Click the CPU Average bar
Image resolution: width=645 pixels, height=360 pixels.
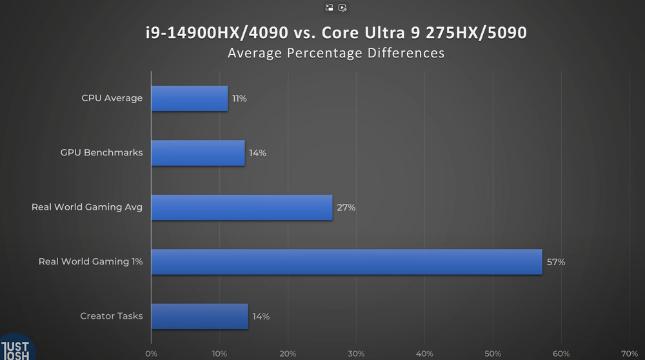click(x=190, y=99)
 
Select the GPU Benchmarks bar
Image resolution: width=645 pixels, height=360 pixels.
click(x=198, y=153)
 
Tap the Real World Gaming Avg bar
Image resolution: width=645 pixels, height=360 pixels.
click(x=242, y=208)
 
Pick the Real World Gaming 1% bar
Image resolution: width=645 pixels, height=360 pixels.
click(x=346, y=262)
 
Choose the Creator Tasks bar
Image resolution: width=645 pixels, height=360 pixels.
click(x=199, y=316)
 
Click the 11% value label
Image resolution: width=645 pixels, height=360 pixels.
click(x=239, y=99)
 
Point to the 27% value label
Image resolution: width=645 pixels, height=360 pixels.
click(x=346, y=208)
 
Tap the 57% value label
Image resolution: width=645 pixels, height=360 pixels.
click(x=556, y=262)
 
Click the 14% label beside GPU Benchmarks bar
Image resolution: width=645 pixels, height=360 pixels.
click(x=257, y=153)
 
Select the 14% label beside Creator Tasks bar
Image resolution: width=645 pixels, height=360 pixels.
click(x=261, y=316)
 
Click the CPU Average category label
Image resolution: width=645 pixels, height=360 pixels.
click(x=112, y=99)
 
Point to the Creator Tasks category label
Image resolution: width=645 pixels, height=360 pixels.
click(x=111, y=316)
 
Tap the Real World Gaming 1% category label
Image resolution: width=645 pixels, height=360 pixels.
click(x=90, y=262)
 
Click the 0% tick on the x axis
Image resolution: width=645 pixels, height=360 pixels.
click(x=151, y=354)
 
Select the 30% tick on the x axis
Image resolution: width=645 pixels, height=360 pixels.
click(x=356, y=354)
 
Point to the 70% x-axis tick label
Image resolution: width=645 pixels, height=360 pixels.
click(x=630, y=354)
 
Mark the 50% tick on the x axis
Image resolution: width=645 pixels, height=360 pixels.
click(x=493, y=354)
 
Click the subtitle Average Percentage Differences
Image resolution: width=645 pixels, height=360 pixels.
click(x=335, y=53)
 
